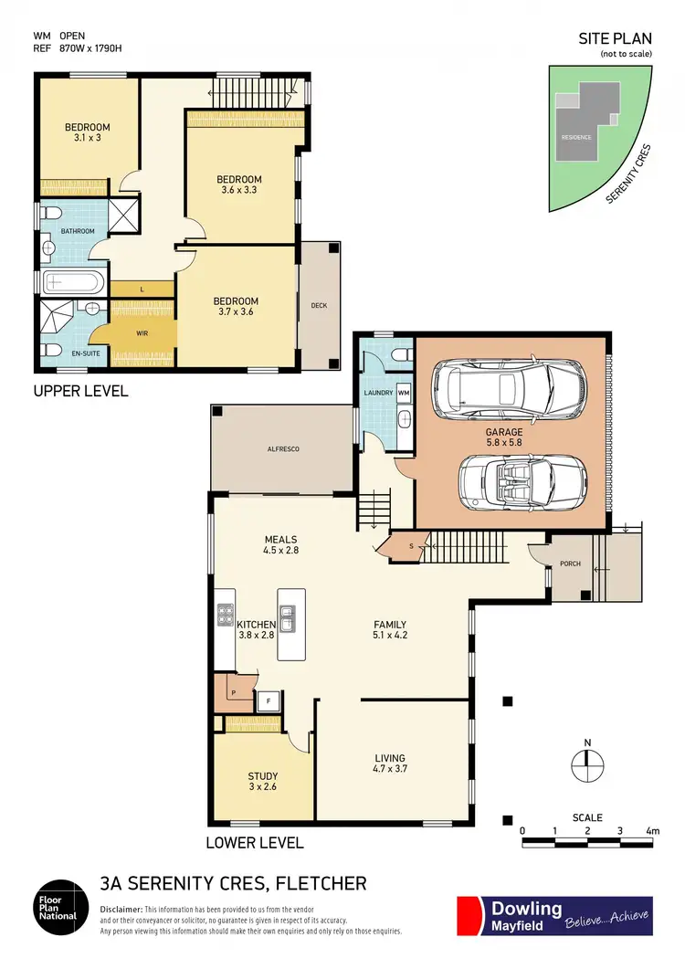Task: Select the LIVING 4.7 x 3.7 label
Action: pos(390,764)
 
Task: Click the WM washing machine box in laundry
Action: pos(403,393)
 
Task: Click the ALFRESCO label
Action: pos(283,449)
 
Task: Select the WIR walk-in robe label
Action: pos(142,333)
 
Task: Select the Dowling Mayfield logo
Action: pos(554,916)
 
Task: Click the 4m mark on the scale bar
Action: pos(651,831)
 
